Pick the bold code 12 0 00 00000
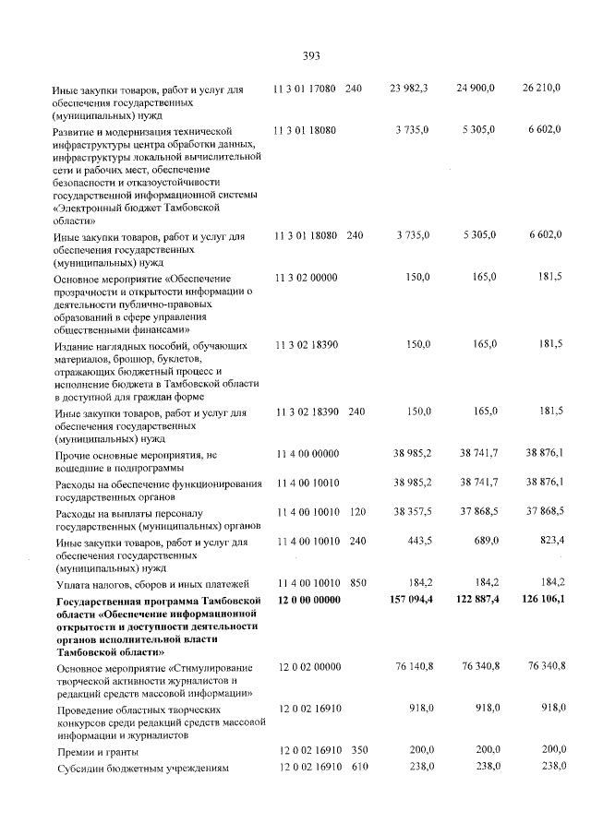(309, 601)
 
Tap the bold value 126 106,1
(540, 601)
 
